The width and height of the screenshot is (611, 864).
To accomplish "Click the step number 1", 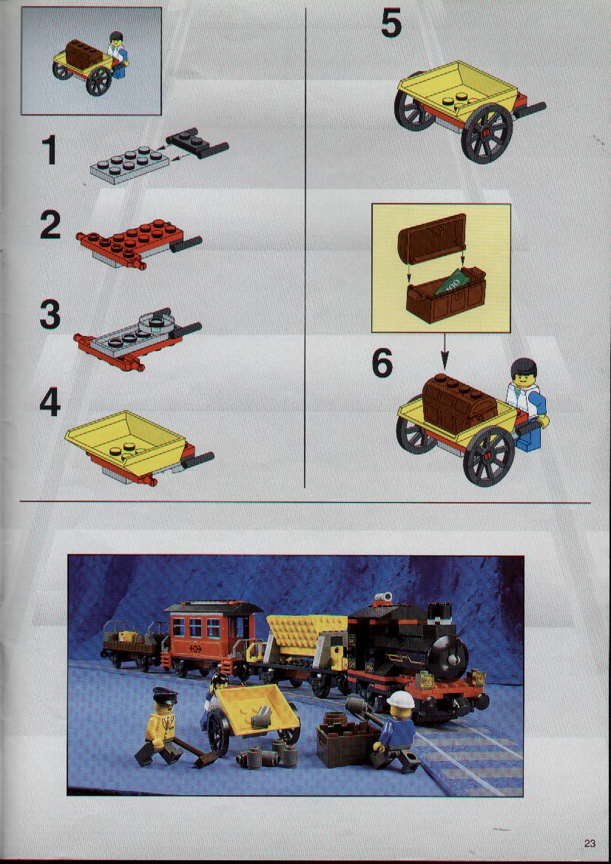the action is pyautogui.click(x=50, y=150).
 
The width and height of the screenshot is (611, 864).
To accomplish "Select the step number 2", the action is pyautogui.click(x=50, y=225).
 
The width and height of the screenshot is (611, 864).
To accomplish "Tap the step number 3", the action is pyautogui.click(x=50, y=315).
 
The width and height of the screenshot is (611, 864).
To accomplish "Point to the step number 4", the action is pyautogui.click(x=50, y=402).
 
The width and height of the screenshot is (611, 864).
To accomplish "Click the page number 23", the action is pyautogui.click(x=590, y=843).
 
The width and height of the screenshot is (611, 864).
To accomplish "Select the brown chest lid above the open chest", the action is pyautogui.click(x=432, y=238).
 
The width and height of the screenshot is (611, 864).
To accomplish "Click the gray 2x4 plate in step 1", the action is pyautogui.click(x=129, y=165).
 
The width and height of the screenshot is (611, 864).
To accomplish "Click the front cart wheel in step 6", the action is pyautogui.click(x=489, y=456).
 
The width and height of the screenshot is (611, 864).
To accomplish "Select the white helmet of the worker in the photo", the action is pyautogui.click(x=401, y=700).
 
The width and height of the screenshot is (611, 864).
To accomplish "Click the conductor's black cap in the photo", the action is pyautogui.click(x=165, y=694).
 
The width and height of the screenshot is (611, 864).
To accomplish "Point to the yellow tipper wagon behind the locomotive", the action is pyautogui.click(x=305, y=639).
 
